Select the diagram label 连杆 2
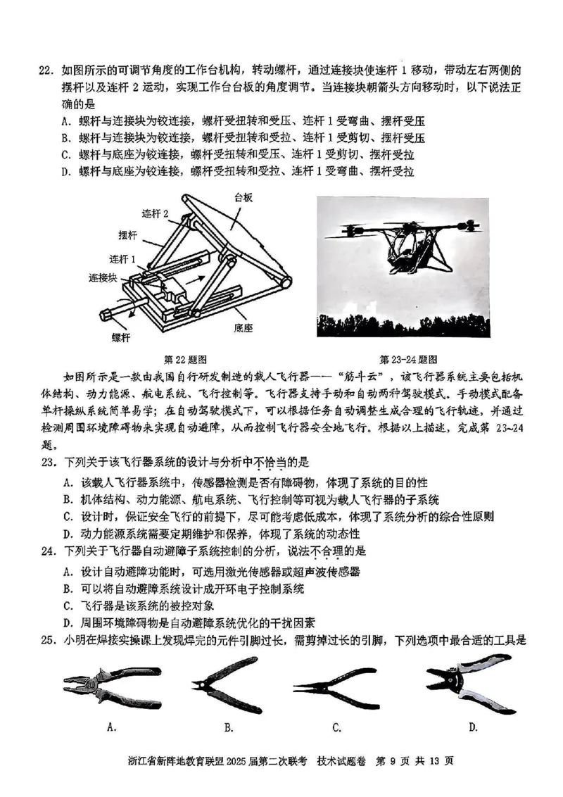pyautogui.click(x=155, y=213)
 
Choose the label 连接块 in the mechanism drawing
pyautogui.click(x=102, y=277)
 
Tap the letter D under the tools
pyautogui.click(x=473, y=727)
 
